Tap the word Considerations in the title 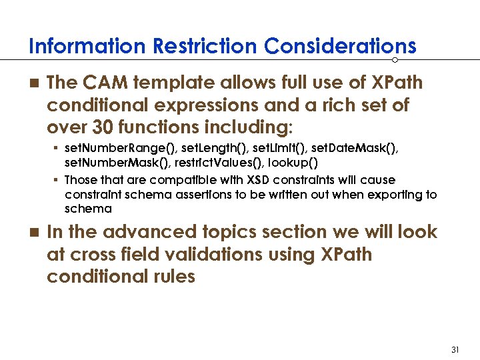click(x=340, y=47)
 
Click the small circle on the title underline click(x=395, y=60)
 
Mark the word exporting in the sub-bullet click(x=387, y=195)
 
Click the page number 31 click(x=456, y=350)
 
